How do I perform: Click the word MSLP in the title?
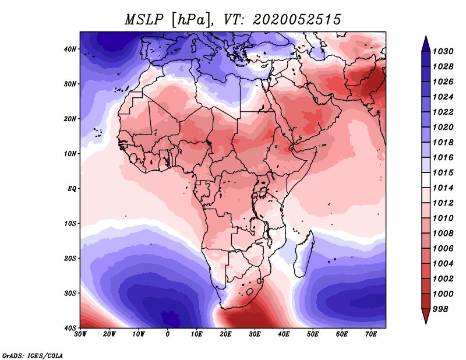tap(144, 20)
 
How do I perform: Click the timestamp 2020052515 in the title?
tap(297, 20)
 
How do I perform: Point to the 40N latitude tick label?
tap(69, 49)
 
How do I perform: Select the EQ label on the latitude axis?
tap(72, 189)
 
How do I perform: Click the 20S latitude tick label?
tap(69, 258)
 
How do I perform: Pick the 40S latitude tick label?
tap(69, 328)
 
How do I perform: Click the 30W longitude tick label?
tap(80, 334)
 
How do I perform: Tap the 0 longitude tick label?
tap(168, 334)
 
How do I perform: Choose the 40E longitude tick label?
tap(284, 334)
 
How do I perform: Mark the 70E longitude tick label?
tap(371, 334)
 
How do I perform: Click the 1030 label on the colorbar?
tap(443, 51)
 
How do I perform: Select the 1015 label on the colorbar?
tap(443, 172)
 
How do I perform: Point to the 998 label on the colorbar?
tap(440, 309)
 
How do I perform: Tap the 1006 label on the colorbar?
tap(443, 249)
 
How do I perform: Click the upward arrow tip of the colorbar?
tap(426, 36)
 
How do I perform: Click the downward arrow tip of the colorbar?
tap(426, 323)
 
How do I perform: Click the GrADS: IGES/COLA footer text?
tap(33, 356)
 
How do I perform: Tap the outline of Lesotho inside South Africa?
tap(251, 291)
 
